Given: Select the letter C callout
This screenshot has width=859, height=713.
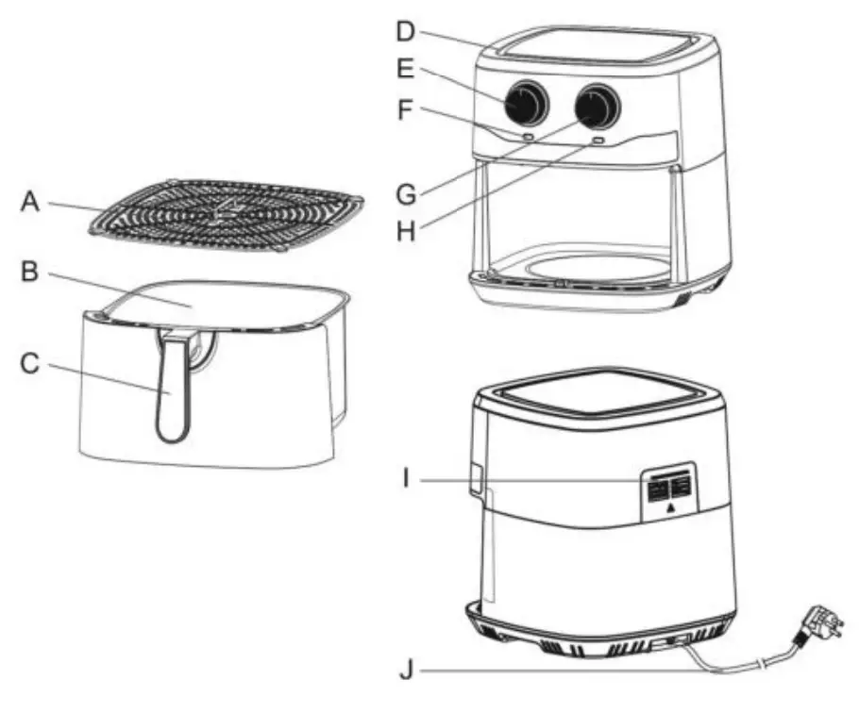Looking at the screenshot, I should pos(30,364).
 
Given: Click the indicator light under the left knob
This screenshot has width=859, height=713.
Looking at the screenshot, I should pos(529,138).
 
